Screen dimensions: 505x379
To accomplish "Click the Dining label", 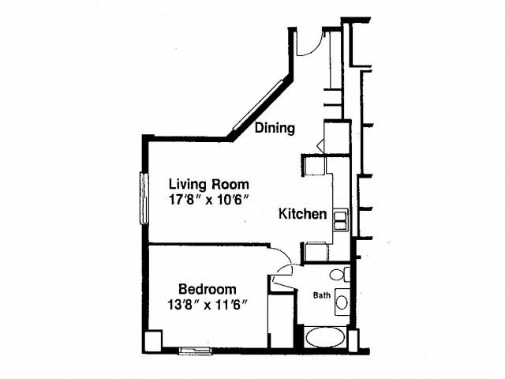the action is click(x=275, y=128).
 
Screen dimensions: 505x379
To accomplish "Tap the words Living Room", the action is click(x=209, y=184).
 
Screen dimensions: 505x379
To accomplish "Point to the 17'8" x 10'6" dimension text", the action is click(x=209, y=200).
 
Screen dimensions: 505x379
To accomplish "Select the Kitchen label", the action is click(x=302, y=214).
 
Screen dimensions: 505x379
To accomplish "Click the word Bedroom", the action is click(x=207, y=289).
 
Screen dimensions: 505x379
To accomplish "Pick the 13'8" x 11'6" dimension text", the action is click(x=207, y=304).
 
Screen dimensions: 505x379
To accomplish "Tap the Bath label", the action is click(x=322, y=295).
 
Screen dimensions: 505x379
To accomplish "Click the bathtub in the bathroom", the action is click(x=325, y=337).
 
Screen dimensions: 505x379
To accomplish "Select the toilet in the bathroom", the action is click(x=339, y=274).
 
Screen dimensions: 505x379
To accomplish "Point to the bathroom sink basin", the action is click(x=342, y=302).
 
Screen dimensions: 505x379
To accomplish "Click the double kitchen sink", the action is click(x=340, y=220).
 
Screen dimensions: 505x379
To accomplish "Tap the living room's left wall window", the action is click(x=144, y=198).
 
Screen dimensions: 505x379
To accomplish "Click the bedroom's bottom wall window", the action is click(x=195, y=351).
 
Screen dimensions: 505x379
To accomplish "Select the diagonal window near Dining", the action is click(x=258, y=105).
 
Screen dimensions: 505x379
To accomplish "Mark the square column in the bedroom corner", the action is click(x=152, y=342).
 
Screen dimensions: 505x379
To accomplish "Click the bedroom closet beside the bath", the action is click(x=281, y=321).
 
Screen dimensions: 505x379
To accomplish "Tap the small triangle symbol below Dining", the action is click(x=320, y=145).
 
